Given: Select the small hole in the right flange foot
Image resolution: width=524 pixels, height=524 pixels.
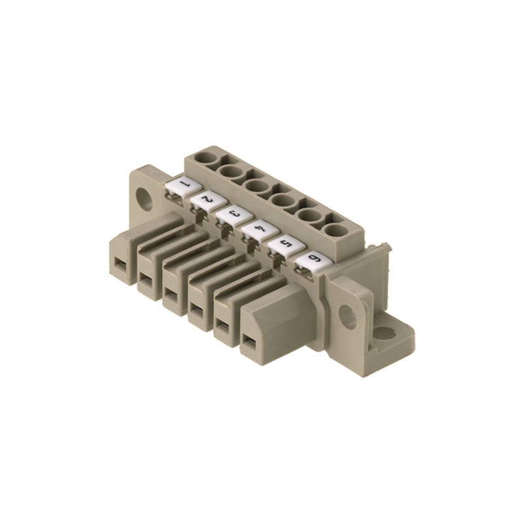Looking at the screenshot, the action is (385, 333).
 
